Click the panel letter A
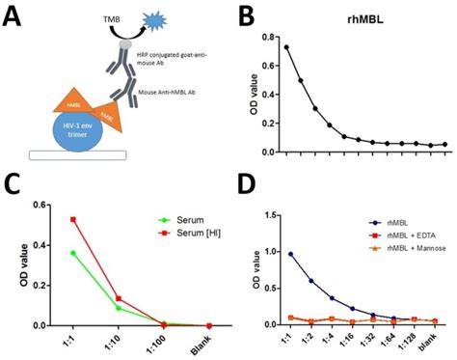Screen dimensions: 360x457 [x=15, y=16]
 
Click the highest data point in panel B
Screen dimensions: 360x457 [x=286, y=46]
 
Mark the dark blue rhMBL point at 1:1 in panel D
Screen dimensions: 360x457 [x=290, y=254]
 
